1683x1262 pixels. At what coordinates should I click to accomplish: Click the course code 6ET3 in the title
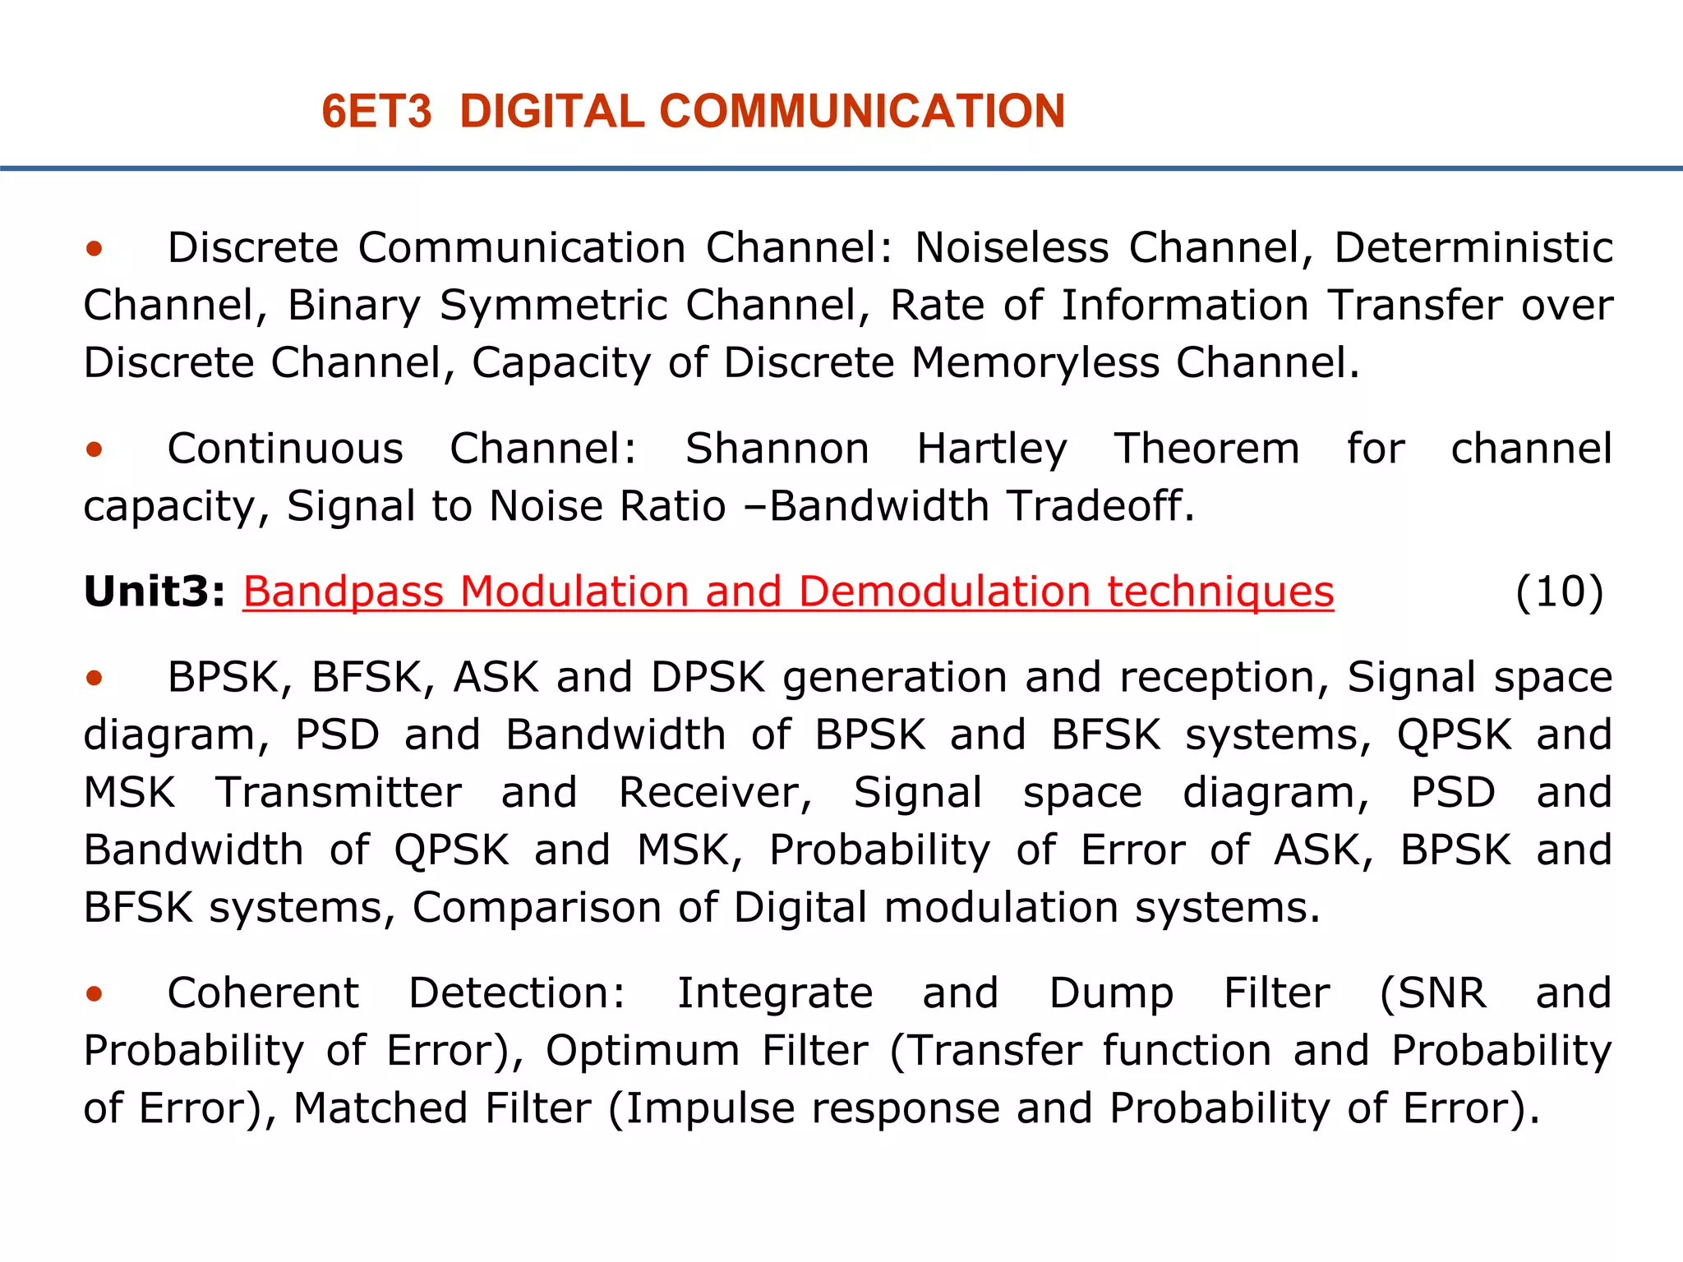pyautogui.click(x=376, y=112)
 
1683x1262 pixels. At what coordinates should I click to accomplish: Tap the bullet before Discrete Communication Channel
pyautogui.click(x=95, y=248)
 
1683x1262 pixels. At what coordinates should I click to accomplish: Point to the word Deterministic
pyautogui.click(x=1473, y=248)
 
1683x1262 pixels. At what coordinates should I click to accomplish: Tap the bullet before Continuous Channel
pyautogui.click(x=95, y=449)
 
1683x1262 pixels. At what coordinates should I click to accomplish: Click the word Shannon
pyautogui.click(x=777, y=449)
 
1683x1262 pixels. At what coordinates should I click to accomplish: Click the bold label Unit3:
pyautogui.click(x=154, y=592)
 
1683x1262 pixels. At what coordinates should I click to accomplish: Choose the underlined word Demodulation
pyautogui.click(x=943, y=592)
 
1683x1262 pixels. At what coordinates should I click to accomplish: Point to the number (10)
pyautogui.click(x=1559, y=592)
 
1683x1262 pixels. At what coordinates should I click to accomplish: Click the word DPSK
pyautogui.click(x=708, y=678)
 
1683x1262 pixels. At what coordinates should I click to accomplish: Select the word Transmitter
pyautogui.click(x=339, y=793)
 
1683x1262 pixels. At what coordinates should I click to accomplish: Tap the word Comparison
pyautogui.click(x=536, y=909)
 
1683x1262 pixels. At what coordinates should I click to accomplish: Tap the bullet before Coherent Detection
pyautogui.click(x=95, y=994)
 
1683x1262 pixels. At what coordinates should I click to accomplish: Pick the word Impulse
pyautogui.click(x=710, y=1109)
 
